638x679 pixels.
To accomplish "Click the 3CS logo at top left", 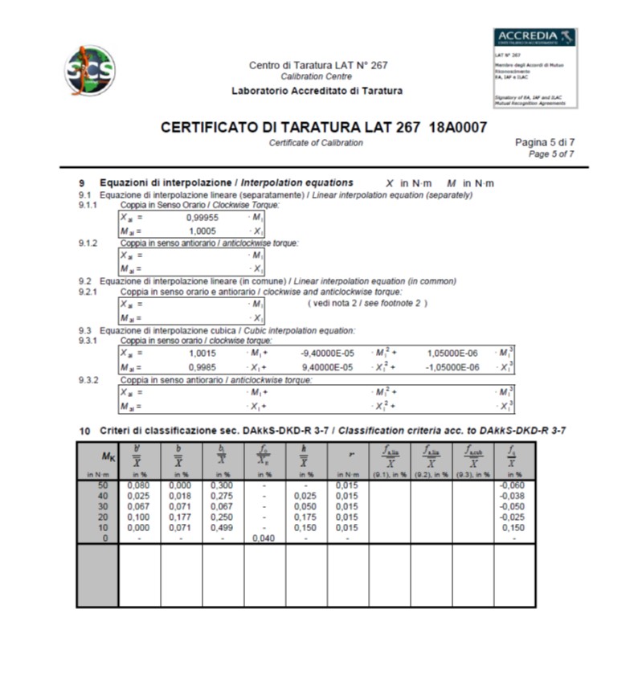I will [x=90, y=71].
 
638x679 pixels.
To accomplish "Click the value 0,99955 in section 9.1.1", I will [x=202, y=218].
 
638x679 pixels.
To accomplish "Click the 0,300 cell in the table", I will [x=222, y=485].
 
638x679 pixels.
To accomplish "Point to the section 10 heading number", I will [x=84, y=431].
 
